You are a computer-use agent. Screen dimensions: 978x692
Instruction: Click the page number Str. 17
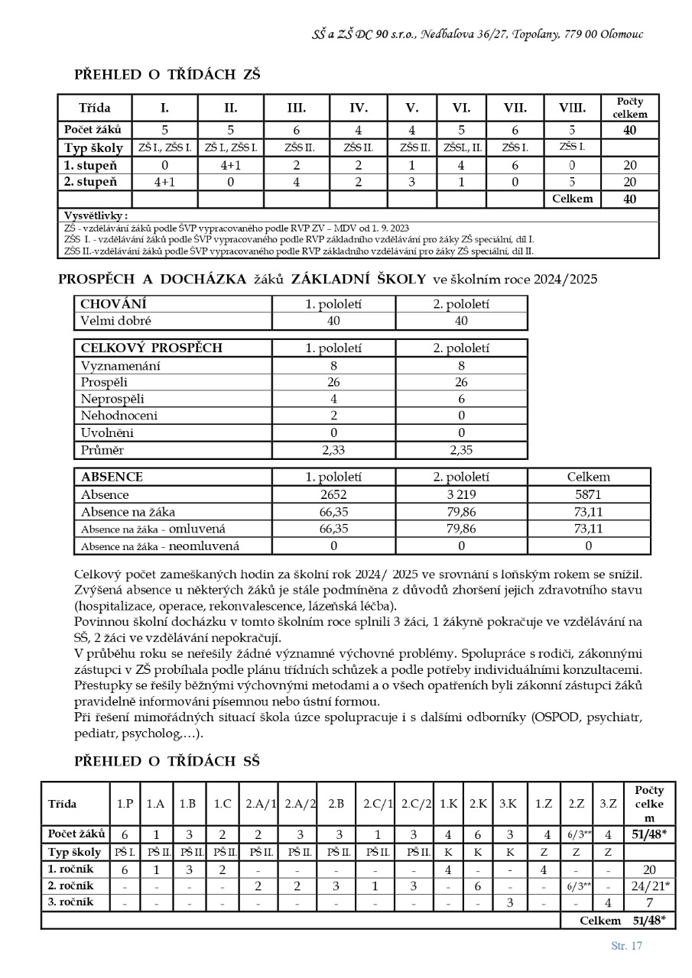pos(626,946)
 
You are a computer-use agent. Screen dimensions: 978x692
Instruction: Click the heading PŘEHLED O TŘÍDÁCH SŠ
pos(167,761)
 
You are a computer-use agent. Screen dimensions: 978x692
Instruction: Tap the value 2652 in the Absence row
pos(333,495)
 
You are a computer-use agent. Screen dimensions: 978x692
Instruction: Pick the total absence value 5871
pos(588,495)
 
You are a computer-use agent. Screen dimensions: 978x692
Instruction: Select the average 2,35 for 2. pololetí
pos(461,450)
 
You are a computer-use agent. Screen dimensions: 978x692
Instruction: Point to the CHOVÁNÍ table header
pos(114,304)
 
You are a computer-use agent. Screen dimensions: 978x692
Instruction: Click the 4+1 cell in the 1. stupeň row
pos(231,164)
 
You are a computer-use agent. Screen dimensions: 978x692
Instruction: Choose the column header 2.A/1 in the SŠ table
pos(261,804)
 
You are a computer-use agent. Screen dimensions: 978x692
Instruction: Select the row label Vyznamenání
pos(121,366)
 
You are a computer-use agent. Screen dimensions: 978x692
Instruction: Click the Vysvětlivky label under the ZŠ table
pos(96,215)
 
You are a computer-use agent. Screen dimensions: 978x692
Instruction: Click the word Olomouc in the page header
pos(622,34)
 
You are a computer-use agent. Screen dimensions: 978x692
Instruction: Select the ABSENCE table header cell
pos(112,477)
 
